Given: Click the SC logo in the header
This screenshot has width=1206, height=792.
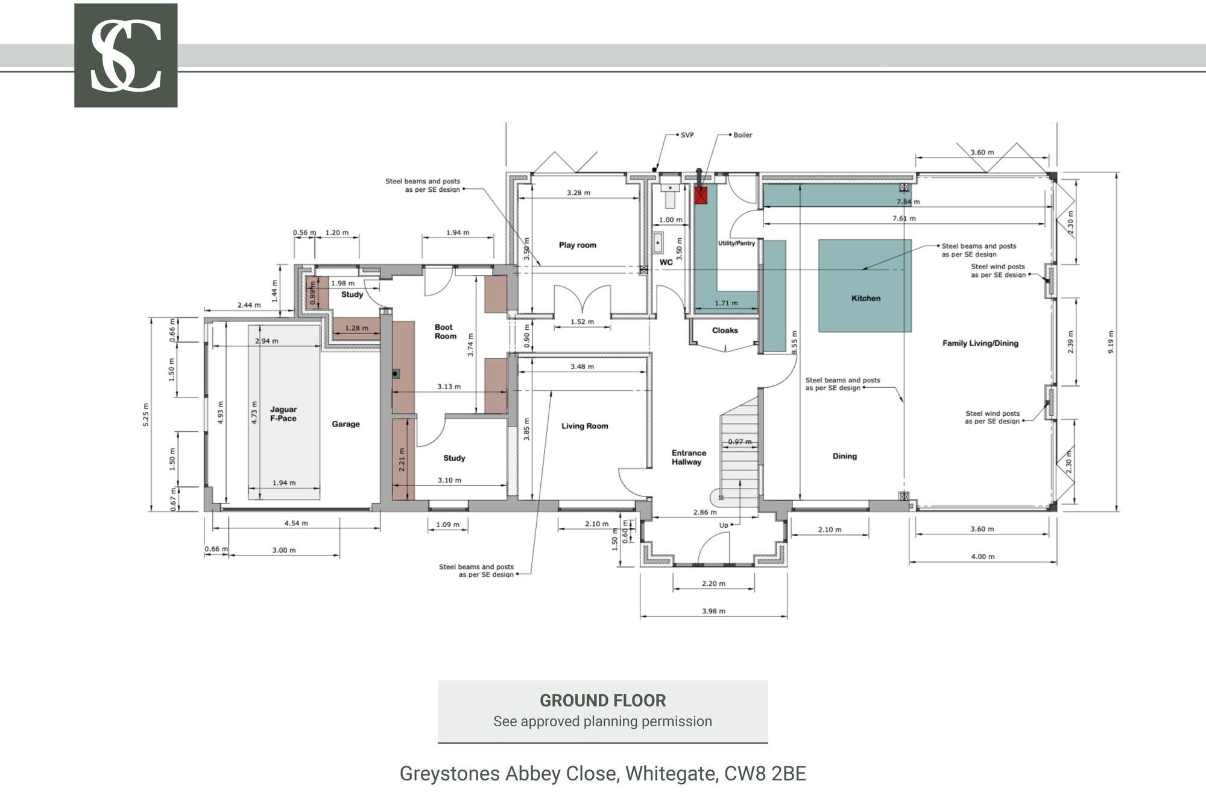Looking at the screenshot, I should tap(125, 55).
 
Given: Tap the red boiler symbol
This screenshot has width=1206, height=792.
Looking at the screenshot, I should tap(701, 195).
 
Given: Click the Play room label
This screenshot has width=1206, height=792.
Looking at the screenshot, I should tap(577, 245).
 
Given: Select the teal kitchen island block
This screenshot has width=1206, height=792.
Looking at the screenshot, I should tap(865, 285).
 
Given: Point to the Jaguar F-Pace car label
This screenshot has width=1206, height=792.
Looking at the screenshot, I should tap(283, 414).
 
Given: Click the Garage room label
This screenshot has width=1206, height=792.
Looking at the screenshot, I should tap(346, 424).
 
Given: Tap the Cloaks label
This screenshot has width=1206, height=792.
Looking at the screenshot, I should tap(725, 331).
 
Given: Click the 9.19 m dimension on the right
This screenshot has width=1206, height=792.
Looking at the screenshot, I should tap(1111, 342).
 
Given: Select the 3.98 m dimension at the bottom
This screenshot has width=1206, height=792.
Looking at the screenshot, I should tap(713, 611).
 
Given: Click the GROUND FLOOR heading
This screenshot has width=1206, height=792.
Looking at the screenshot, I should tap(602, 700).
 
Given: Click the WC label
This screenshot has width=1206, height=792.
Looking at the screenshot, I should tap(666, 262).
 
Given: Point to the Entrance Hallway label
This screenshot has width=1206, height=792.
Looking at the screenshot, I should tap(688, 457).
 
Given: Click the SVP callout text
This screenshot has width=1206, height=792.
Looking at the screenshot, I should tap(687, 135).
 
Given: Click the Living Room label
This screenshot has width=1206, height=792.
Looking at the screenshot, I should tap(584, 426).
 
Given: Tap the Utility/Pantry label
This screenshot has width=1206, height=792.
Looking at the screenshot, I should tap(736, 243).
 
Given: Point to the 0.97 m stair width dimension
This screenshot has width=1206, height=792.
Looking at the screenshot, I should tap(739, 442).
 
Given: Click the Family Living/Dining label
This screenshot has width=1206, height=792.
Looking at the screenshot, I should tap(980, 343).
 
